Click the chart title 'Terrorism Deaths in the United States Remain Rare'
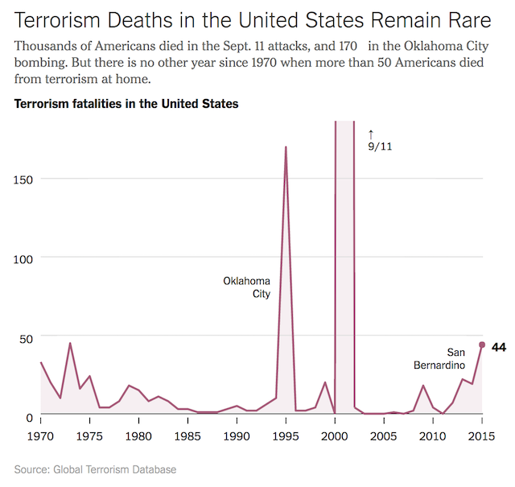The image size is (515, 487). (x=253, y=20)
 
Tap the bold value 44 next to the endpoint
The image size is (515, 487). (x=499, y=348)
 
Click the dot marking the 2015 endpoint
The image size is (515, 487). (x=482, y=345)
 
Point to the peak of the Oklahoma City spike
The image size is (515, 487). (x=286, y=147)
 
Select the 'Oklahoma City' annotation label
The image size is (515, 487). (x=247, y=287)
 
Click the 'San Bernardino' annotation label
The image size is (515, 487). (x=439, y=358)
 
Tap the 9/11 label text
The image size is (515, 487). (x=380, y=147)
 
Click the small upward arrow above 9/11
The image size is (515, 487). (x=371, y=134)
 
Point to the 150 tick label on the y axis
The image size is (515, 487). (x=23, y=180)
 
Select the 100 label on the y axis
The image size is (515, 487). (x=23, y=259)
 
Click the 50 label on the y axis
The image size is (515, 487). (x=26, y=338)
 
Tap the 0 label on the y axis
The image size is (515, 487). (x=30, y=418)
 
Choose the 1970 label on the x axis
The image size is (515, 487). (x=40, y=436)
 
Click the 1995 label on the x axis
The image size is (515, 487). (x=286, y=436)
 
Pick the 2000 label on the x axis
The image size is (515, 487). (x=335, y=436)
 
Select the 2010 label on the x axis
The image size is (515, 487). (x=433, y=436)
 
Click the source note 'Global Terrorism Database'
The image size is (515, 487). (x=114, y=469)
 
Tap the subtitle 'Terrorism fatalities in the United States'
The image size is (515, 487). (x=126, y=104)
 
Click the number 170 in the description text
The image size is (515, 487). (x=348, y=46)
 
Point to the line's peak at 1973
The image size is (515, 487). (x=70, y=343)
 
